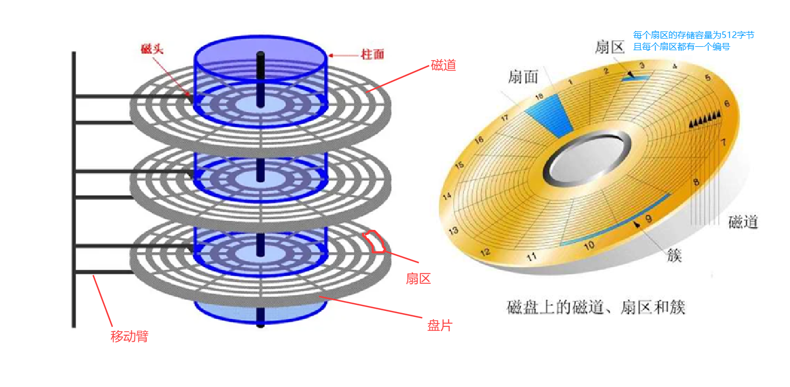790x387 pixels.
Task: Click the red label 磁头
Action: coord(152,49)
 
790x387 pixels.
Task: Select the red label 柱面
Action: coord(372,54)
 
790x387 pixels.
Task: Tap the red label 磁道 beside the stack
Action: coord(443,66)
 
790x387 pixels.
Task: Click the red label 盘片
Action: coord(439,325)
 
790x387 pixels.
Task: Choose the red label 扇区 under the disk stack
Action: coord(418,279)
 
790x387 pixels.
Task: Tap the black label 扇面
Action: coord(523,77)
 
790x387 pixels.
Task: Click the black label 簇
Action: coord(674,255)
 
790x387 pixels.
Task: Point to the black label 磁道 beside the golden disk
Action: coord(743,222)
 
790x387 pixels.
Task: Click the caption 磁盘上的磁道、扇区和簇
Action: coord(596,307)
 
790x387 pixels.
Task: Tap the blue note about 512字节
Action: coord(693,41)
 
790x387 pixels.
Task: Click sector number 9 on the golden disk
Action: coord(648,219)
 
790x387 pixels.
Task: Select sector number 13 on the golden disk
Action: coord(454,230)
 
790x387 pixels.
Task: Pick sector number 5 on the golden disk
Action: coord(708,78)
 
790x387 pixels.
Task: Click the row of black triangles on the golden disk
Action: coord(705,119)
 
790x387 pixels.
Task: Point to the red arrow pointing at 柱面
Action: coord(344,55)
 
